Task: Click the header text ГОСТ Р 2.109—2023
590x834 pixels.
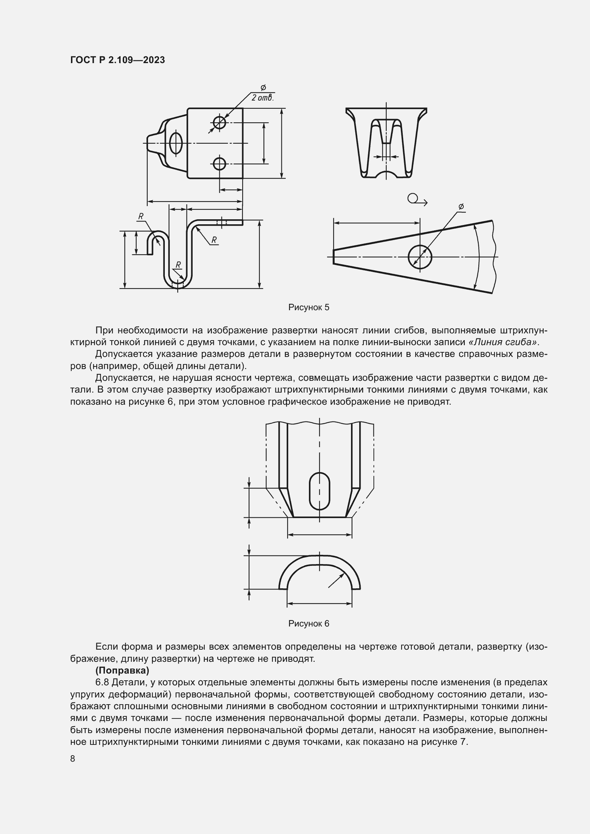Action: click(x=117, y=60)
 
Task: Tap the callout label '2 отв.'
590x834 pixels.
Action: click(x=263, y=98)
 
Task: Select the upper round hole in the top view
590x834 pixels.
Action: click(x=219, y=122)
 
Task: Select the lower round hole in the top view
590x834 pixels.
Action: click(x=219, y=164)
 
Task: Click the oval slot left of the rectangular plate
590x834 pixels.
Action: click(x=176, y=143)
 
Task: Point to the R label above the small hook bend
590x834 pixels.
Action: click(x=141, y=216)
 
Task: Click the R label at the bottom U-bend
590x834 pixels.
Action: click(x=178, y=265)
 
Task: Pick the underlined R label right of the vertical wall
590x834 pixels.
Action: click(x=214, y=240)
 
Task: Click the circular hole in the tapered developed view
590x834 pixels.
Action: click(x=419, y=257)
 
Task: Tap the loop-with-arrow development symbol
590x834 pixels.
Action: click(x=416, y=199)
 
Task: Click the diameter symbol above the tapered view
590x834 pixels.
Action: click(x=461, y=207)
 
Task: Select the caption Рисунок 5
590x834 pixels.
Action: click(x=309, y=307)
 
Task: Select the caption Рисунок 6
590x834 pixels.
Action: click(x=309, y=624)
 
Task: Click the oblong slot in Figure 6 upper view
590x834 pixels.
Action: click(x=319, y=491)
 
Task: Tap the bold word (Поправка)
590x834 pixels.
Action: click(x=122, y=670)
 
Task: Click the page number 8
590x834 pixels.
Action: click(x=73, y=759)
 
